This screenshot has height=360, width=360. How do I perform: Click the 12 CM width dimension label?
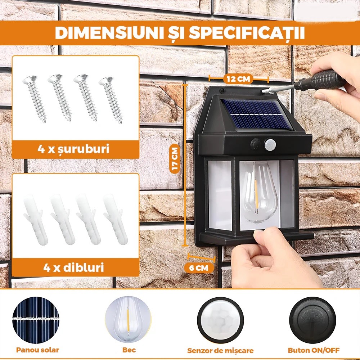(x=238, y=79)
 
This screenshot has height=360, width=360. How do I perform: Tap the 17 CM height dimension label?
(x=175, y=159)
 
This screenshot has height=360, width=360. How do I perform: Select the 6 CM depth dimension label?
(x=199, y=268)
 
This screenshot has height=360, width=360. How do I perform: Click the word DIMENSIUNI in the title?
(x=107, y=33)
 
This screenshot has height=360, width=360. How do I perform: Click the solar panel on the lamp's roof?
(x=256, y=114)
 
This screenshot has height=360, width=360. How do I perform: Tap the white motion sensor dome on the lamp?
(x=270, y=145)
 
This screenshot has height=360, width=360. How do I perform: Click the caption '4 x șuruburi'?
(x=73, y=149)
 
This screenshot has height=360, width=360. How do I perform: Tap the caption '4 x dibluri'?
(x=73, y=267)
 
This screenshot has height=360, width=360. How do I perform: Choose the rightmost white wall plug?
(x=114, y=219)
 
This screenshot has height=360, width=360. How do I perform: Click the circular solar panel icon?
(x=36, y=320)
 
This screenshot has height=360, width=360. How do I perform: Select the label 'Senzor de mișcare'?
(x=220, y=351)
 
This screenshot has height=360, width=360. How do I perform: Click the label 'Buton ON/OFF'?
(x=314, y=350)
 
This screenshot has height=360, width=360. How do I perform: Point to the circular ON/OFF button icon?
(x=313, y=320)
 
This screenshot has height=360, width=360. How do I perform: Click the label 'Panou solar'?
(x=37, y=350)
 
